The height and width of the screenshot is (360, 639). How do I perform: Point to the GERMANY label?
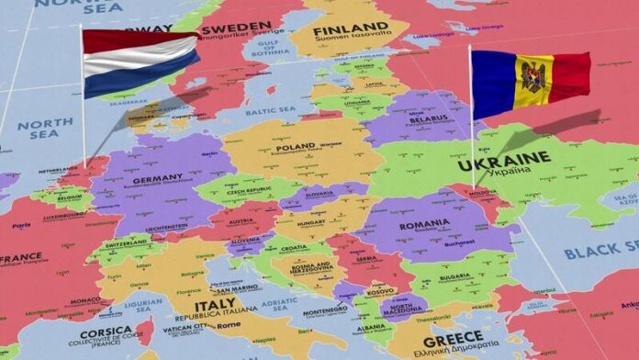point(157,179)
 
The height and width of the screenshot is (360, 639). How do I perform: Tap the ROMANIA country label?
point(424,223)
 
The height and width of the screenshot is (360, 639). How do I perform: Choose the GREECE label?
point(453,340)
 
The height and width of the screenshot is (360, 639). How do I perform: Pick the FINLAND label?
point(352,28)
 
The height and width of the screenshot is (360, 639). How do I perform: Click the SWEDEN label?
point(242,27)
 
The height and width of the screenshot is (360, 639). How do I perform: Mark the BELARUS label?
point(428,119)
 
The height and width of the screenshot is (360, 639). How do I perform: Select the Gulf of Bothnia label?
point(270,47)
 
